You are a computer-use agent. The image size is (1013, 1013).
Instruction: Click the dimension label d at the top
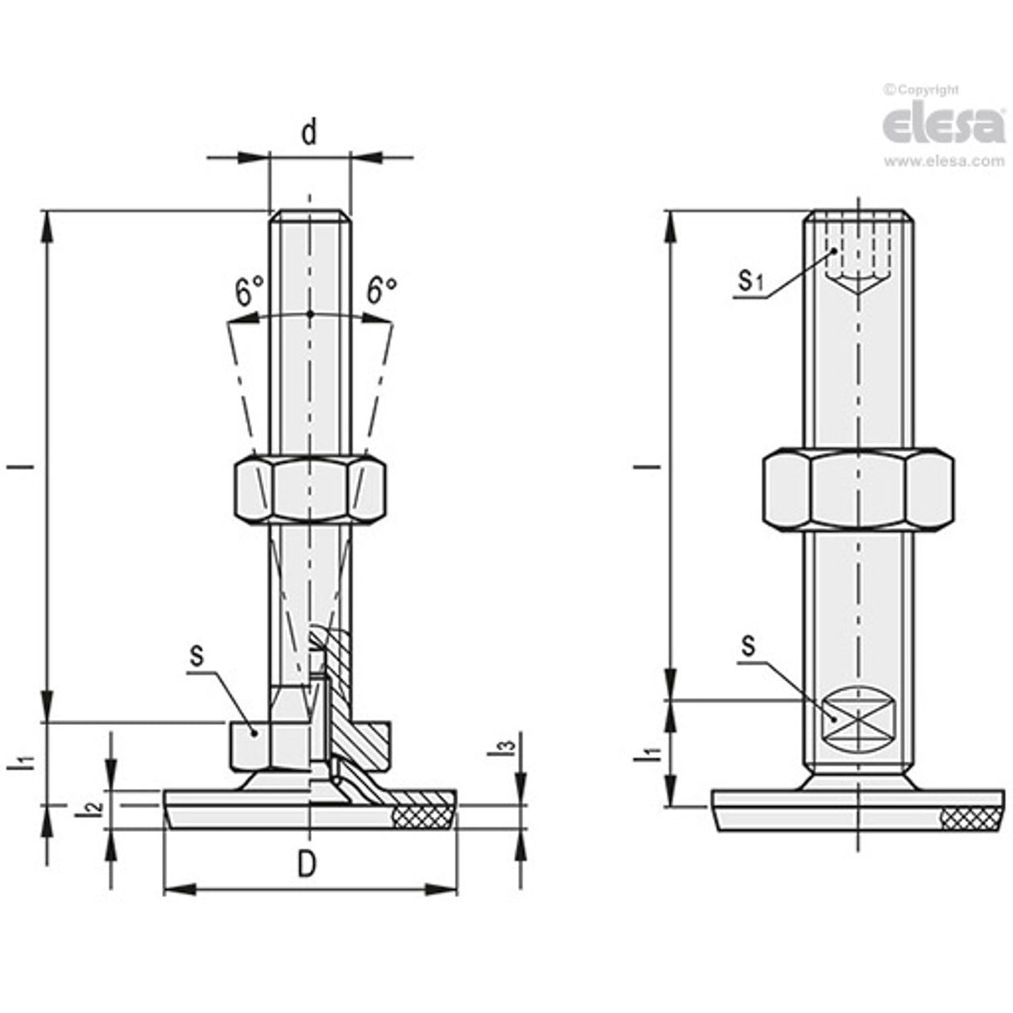(x=310, y=133)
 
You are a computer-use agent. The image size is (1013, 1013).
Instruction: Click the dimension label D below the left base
(x=308, y=864)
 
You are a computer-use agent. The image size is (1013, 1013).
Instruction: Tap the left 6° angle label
(x=249, y=292)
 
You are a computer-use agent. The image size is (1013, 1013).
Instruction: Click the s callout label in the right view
(x=748, y=645)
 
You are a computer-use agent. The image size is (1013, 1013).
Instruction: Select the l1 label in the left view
(x=25, y=761)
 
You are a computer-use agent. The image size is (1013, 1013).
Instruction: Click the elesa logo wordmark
(x=943, y=125)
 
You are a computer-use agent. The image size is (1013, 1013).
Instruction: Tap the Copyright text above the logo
(x=922, y=90)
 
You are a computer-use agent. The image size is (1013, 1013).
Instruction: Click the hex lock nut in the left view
(x=310, y=489)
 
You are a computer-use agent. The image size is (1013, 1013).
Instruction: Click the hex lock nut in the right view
(x=859, y=490)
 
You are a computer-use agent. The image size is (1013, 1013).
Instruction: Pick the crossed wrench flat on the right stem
(x=859, y=717)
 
